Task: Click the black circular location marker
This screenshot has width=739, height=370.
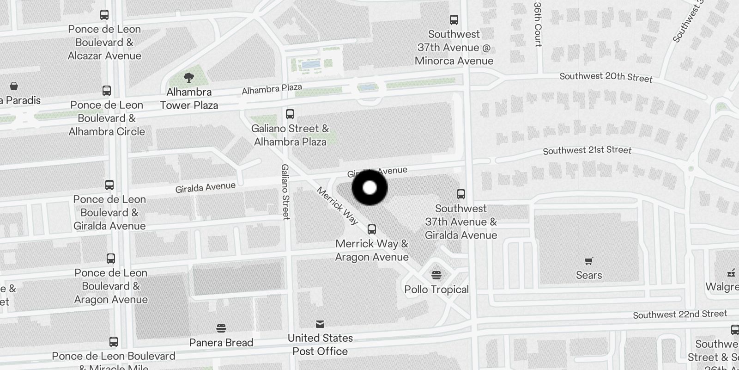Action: click(369, 188)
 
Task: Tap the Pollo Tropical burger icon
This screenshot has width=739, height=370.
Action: click(436, 276)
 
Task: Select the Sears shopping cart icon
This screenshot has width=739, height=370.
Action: click(588, 261)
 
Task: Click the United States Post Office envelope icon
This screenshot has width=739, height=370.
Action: click(320, 324)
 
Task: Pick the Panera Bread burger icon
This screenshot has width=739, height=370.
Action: click(221, 328)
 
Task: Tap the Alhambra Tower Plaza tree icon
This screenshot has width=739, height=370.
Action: click(188, 78)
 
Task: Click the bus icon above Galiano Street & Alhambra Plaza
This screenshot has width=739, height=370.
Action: click(290, 114)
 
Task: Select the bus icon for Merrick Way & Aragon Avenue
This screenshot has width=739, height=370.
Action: click(372, 229)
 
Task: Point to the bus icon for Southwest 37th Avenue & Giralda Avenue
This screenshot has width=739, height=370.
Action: click(460, 194)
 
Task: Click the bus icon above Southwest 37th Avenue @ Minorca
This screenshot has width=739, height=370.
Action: click(454, 20)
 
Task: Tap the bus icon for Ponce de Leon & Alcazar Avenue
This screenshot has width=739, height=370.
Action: click(105, 15)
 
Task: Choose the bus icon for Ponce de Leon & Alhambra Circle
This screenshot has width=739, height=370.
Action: click(107, 91)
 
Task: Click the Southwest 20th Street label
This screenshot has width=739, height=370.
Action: click(606, 77)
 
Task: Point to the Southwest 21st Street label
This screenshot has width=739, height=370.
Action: click(587, 150)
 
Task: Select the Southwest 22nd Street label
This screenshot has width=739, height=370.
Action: click(680, 314)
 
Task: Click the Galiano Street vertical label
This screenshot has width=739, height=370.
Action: click(285, 192)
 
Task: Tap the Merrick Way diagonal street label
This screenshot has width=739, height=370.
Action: click(338, 206)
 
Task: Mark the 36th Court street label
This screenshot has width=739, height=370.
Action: click(538, 25)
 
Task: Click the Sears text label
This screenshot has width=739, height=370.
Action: click(589, 275)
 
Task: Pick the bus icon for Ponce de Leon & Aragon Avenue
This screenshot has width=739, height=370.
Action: click(111, 259)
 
